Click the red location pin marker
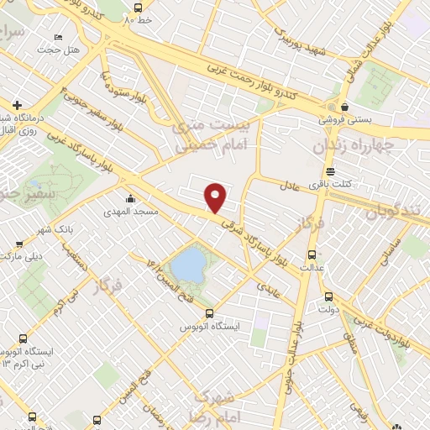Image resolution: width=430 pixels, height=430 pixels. pos(217,197)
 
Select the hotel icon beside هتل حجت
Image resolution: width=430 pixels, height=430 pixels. pos(57,38)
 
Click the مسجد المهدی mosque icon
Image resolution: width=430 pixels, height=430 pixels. pos(130,199)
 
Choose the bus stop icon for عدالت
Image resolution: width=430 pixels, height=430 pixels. pos(312,254)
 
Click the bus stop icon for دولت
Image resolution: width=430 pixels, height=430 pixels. pos(328,296)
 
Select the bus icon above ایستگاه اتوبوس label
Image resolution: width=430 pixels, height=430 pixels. pos(210,313)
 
